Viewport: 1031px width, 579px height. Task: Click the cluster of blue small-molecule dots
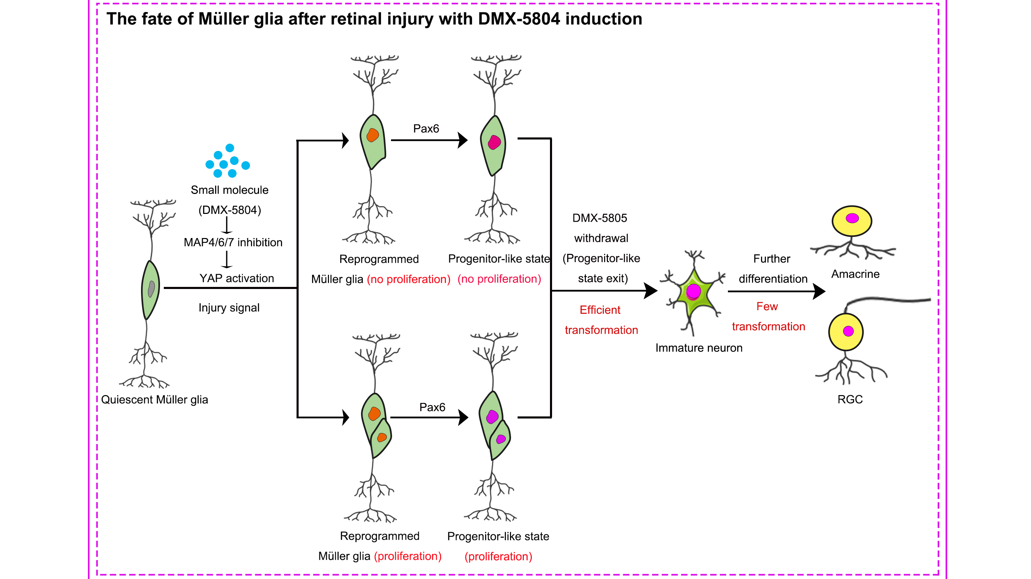click(x=227, y=162)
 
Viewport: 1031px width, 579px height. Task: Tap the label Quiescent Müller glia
click(x=154, y=400)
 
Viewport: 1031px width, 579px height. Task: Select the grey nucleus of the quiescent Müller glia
click(x=151, y=289)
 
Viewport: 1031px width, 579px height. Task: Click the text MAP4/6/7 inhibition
click(x=233, y=242)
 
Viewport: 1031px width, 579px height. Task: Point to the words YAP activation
click(x=237, y=278)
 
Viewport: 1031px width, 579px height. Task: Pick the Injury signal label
click(x=229, y=308)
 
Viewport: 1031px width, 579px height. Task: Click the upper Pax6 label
click(x=426, y=129)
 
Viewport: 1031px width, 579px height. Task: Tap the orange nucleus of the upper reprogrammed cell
click(x=373, y=135)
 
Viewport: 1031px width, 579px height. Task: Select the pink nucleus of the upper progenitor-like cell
click(x=494, y=142)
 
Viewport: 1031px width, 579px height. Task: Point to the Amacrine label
click(x=855, y=274)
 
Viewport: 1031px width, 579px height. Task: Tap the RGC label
click(x=850, y=399)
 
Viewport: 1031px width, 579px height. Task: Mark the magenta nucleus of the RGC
click(x=849, y=331)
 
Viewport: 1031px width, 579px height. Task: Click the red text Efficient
click(x=600, y=310)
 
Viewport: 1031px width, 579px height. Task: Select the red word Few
click(x=767, y=306)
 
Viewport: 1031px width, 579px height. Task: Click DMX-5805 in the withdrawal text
click(x=600, y=218)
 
